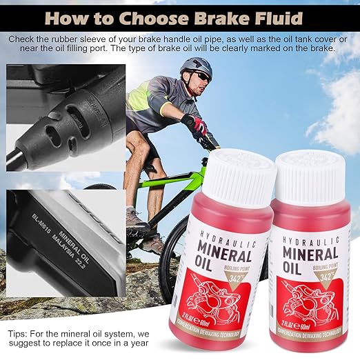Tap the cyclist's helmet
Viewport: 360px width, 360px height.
tap(196, 67)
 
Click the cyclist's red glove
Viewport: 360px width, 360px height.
tap(199, 127)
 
